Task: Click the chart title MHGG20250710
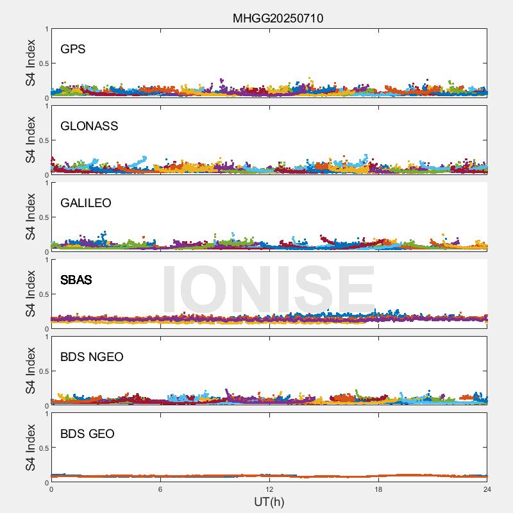tap(278, 19)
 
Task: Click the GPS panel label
tap(72, 49)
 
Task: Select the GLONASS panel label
tap(89, 126)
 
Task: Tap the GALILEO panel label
tap(86, 203)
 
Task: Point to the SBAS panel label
tap(76, 280)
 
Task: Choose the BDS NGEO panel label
tap(92, 357)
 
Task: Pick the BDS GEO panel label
tap(87, 434)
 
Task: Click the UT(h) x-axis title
tap(269, 501)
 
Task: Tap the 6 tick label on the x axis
tap(160, 489)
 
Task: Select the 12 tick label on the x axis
tap(269, 489)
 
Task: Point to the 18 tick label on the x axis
tap(378, 489)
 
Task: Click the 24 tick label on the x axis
tap(487, 489)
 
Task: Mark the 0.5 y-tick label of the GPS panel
tap(43, 63)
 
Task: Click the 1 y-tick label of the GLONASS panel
tap(46, 106)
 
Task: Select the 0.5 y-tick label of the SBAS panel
tap(43, 294)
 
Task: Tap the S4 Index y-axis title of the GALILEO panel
tap(31, 217)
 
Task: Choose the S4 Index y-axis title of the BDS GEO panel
tap(31, 448)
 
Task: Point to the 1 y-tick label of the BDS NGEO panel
tap(46, 337)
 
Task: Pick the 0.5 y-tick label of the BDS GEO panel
tap(43, 448)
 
